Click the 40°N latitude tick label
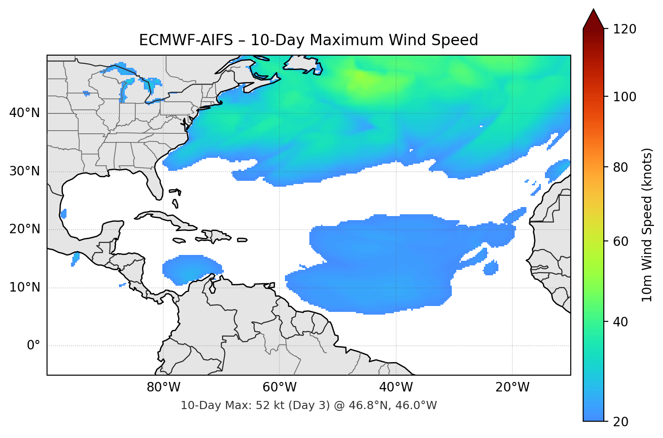point(25,113)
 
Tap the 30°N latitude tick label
point(25,171)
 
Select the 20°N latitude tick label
point(25,229)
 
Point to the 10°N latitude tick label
point(25,287)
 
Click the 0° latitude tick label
point(33,346)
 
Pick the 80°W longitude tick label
point(163,387)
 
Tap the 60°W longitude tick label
point(279,387)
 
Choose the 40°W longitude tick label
point(396,387)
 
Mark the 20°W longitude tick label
point(512,387)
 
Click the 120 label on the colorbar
point(625,29)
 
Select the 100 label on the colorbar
point(625,97)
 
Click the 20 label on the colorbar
point(621,422)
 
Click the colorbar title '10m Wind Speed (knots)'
point(647,225)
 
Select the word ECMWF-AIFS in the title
point(186,40)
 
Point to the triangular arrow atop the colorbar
point(593,19)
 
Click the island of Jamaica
point(179,240)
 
